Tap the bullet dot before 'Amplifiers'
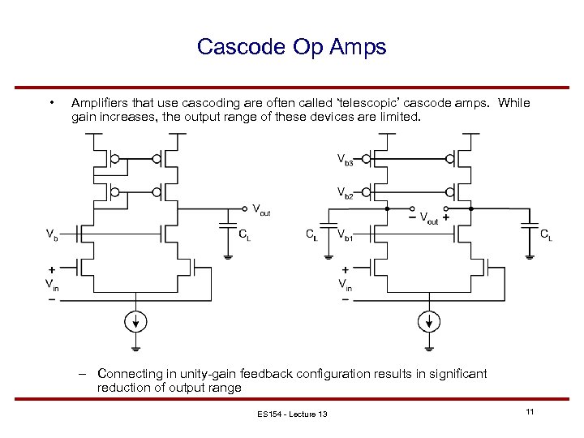pyautogui.click(x=51, y=103)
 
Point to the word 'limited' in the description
pyautogui.click(x=397, y=117)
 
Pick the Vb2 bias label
pyautogui.click(x=345, y=192)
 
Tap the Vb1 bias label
pyautogui.click(x=345, y=236)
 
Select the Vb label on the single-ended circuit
pyautogui.click(x=51, y=236)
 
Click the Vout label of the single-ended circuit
pyautogui.click(x=260, y=211)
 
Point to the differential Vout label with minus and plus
pyautogui.click(x=430, y=220)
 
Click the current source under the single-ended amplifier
pyautogui.click(x=136, y=320)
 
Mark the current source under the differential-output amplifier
pyautogui.click(x=427, y=320)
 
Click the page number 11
pyautogui.click(x=529, y=413)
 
